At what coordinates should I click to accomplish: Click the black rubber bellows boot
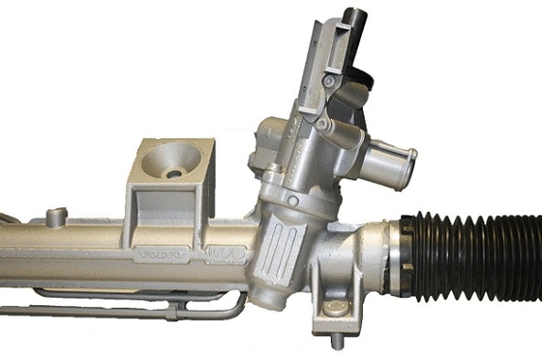475,258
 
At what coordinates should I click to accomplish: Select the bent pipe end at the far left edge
7,217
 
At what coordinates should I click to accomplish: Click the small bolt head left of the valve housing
273,169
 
